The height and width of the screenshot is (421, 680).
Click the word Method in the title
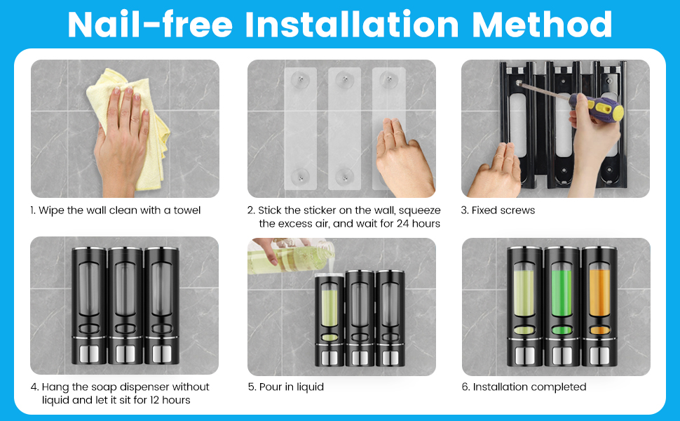542,25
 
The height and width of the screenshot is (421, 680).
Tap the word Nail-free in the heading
150,25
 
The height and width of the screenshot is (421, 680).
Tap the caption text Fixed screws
503,210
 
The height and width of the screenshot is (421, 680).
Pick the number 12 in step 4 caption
154,400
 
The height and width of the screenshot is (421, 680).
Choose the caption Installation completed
529,387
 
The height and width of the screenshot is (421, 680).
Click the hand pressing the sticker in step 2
405,159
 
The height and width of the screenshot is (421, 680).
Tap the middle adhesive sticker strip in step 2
344,128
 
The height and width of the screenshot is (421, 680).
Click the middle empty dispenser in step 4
125,306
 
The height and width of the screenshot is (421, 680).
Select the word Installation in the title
352,25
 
